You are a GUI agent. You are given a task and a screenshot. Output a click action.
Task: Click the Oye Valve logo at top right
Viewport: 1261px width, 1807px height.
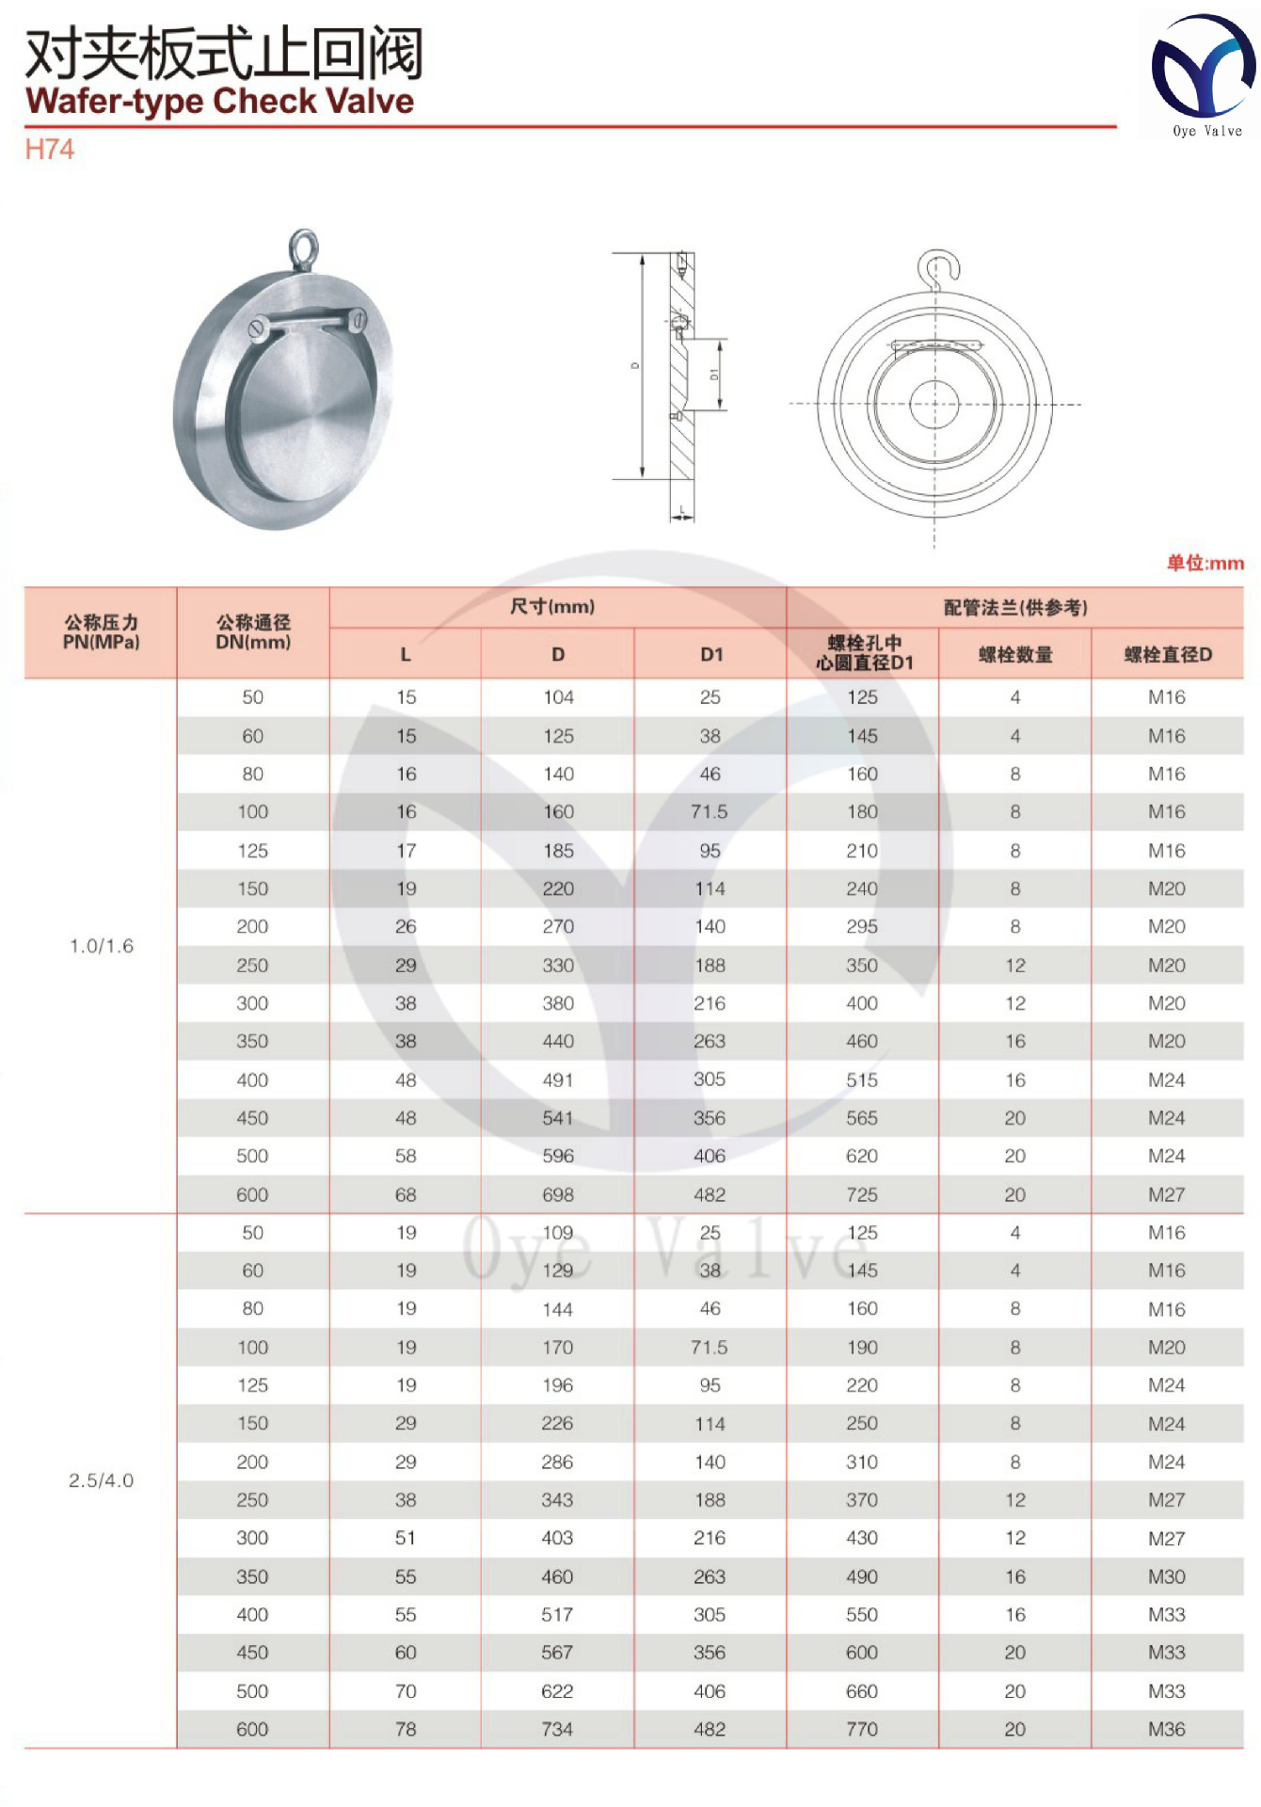coord(1202,75)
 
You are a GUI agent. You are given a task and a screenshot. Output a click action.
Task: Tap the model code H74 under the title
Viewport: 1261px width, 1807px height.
coord(49,150)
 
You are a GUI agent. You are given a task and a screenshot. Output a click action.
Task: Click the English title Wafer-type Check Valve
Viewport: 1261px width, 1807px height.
coord(219,102)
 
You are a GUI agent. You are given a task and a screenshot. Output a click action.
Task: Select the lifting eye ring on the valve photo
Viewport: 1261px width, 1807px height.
coord(303,247)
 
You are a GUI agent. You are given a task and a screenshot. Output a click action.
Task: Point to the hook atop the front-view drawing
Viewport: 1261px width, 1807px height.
coord(938,267)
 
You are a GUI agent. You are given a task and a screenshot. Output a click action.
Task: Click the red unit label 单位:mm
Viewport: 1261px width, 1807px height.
coord(1205,563)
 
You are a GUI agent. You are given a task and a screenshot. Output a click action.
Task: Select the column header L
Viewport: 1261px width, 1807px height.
coord(406,654)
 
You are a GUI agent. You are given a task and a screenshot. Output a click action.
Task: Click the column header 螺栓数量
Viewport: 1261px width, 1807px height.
coord(1014,654)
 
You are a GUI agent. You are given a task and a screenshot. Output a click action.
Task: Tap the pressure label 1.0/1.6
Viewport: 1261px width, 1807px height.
coord(102,946)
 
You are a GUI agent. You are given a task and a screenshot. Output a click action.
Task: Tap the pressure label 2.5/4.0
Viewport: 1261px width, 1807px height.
coord(102,1480)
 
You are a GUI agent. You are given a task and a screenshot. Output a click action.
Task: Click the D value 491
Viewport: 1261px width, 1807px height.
coord(557,1080)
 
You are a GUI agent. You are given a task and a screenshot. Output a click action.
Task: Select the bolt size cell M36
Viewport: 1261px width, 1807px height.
coord(1166,1729)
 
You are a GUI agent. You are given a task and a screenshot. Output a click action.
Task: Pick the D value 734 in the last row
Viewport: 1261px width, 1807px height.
coord(557,1729)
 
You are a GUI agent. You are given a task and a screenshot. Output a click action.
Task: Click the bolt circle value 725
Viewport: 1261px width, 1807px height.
coord(861,1194)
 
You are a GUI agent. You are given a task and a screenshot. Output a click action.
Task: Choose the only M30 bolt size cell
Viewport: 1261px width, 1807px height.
coord(1166,1576)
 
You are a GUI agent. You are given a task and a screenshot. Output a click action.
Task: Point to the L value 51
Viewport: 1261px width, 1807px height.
coord(406,1538)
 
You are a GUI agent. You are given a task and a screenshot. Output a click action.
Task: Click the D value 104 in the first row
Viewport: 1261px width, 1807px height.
coord(558,697)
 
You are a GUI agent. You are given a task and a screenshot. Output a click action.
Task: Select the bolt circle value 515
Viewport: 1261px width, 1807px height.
coord(861,1080)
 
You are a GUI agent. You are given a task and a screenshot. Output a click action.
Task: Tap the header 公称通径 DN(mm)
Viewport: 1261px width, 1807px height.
coord(253,632)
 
